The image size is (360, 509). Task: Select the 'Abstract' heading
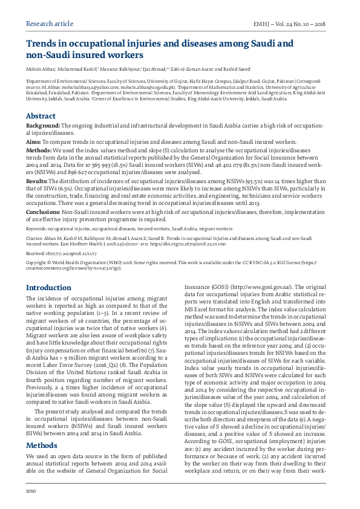tap(41, 115)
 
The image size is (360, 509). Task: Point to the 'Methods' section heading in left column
tap(41, 411)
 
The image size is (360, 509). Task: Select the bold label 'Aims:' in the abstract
tap(33, 140)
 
